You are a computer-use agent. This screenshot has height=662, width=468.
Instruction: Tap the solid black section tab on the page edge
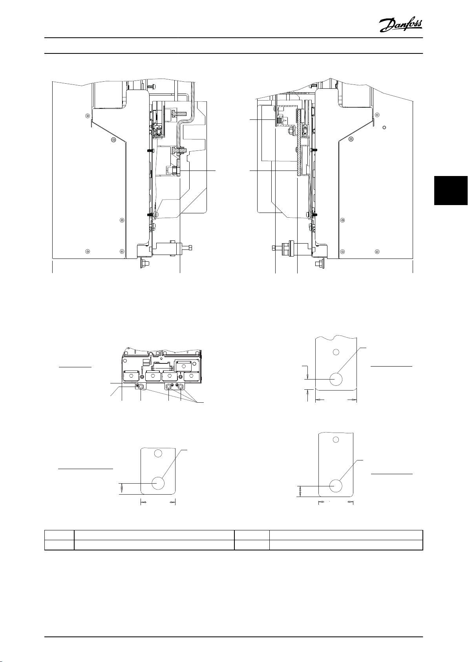[451, 191]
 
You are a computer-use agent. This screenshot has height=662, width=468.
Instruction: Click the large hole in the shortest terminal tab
[158, 483]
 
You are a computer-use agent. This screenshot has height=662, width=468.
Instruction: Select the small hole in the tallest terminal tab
[335, 440]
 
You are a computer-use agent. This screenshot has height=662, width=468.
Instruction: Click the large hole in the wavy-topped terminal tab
[336, 379]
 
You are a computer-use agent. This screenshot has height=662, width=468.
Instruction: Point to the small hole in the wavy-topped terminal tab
[336, 352]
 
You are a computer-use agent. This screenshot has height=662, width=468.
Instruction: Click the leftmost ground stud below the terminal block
[141, 386]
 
